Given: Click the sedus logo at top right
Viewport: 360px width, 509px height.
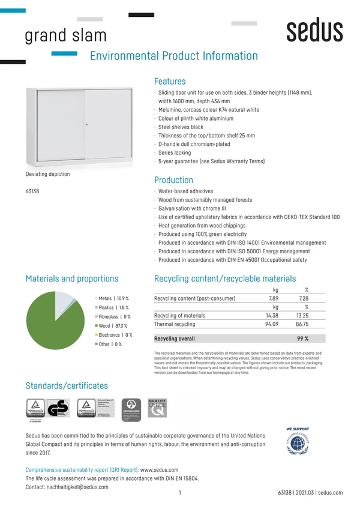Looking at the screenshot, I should (314, 31).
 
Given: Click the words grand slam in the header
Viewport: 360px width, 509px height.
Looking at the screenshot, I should (65, 35).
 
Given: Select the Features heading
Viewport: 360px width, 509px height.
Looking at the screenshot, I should (170, 81).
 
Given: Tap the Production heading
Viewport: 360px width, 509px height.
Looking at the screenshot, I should (173, 180).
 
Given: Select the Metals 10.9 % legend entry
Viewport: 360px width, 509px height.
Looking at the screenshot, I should (113, 298).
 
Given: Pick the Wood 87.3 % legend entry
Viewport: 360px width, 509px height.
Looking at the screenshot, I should (113, 326).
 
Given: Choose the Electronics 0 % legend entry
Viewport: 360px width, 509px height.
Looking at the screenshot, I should (115, 335).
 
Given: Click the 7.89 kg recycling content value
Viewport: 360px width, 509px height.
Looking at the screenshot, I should (273, 298).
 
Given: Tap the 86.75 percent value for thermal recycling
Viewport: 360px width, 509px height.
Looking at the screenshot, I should (302, 324).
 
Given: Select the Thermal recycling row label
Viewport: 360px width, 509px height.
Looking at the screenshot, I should (175, 324).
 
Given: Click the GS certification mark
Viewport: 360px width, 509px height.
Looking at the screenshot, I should (58, 408).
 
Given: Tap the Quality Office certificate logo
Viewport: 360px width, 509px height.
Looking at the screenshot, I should (157, 408).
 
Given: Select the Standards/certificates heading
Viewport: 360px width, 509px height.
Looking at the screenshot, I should (67, 385).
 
